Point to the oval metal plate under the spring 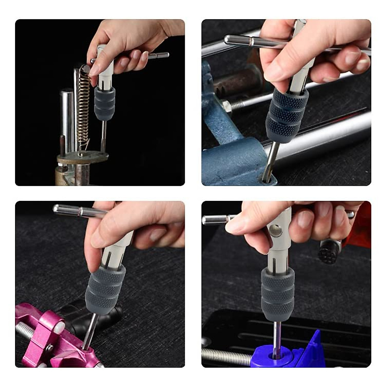click(82, 157)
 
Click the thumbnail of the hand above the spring click(94, 70)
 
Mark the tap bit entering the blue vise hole click(269, 164)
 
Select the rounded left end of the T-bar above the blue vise click(228, 39)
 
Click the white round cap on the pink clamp click(59, 327)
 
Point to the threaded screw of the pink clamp click(24, 330)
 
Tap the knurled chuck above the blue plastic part click(277, 294)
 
